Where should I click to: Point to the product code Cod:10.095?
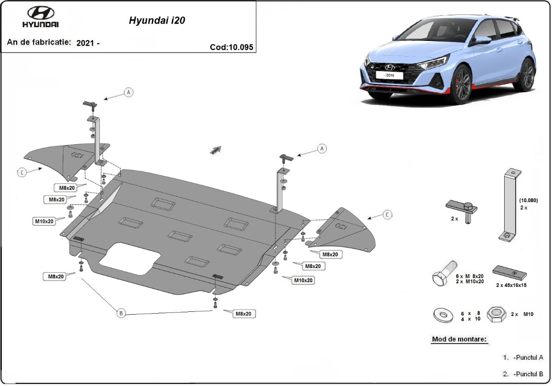231,47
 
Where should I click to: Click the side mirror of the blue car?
483,41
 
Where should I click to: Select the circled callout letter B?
121,313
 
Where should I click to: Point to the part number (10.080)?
528,201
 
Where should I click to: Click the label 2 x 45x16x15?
511,285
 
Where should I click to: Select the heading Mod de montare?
459,339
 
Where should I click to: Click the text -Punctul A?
529,357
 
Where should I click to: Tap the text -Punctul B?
529,374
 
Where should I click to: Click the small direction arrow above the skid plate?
215,150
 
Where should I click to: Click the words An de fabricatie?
39,42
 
